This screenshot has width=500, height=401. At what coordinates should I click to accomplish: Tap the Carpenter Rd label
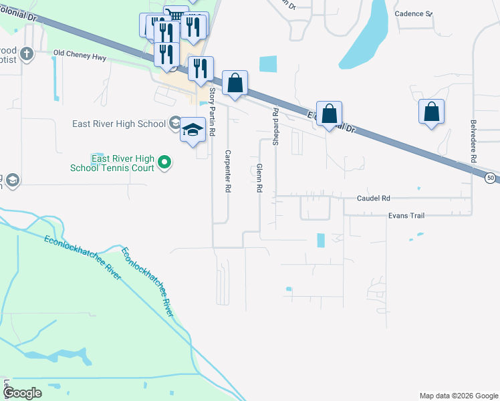(227, 170)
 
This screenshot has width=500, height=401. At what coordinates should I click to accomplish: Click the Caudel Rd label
(373, 198)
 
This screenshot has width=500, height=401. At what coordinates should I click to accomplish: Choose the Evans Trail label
(406, 216)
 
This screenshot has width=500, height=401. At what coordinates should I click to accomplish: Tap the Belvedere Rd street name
(473, 142)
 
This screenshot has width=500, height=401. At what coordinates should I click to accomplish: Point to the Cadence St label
(414, 13)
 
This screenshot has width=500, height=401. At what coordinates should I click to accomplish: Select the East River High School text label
(118, 124)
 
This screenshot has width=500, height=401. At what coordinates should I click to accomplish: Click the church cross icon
(27, 54)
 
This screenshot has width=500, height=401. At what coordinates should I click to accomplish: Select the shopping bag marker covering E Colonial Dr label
(330, 113)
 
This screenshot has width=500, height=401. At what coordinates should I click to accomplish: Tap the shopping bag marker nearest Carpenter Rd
(235, 83)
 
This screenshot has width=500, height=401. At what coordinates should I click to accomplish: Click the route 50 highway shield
(491, 178)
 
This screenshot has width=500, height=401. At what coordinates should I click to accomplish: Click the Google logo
(23, 393)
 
